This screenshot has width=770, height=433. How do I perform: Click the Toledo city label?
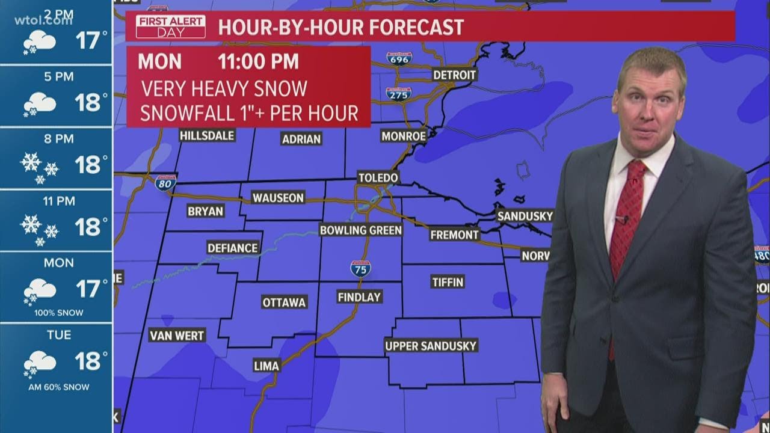[378, 177]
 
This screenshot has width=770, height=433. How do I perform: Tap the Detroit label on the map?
[454, 75]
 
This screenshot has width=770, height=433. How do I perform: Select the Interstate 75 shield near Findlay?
[360, 268]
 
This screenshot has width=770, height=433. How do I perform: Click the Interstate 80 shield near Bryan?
[165, 182]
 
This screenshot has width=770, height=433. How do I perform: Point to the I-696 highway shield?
[399, 58]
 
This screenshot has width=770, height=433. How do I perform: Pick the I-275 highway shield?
[398, 94]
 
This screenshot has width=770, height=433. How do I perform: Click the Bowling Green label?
[360, 230]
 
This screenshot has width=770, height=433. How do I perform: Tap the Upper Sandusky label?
[431, 346]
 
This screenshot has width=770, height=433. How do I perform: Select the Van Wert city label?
[177, 335]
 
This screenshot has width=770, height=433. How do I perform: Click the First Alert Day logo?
[170, 27]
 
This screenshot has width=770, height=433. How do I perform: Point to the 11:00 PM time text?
[258, 62]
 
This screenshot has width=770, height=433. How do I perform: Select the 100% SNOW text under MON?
[58, 313]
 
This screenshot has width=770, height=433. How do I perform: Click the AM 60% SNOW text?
[58, 387]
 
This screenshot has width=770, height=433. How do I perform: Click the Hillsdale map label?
[207, 136]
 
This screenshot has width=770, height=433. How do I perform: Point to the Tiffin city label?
[448, 281]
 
